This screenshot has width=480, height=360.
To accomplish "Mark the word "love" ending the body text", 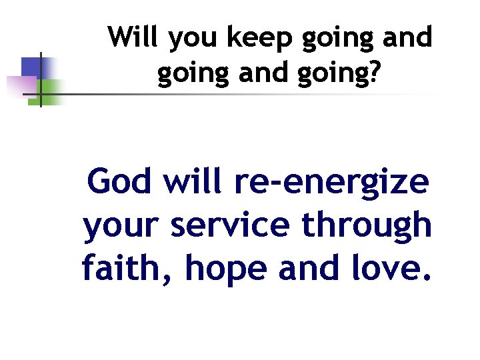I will [393, 269].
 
